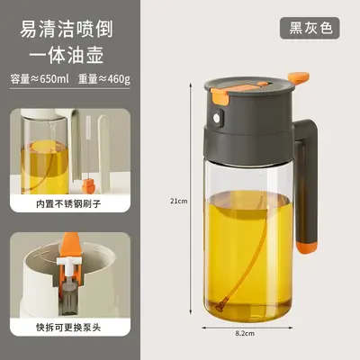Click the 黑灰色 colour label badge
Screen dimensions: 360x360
click(x=310, y=28)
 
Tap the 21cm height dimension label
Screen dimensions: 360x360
click(x=179, y=201)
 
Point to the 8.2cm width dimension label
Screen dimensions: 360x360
click(x=245, y=333)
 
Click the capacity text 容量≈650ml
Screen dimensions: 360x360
click(x=40, y=79)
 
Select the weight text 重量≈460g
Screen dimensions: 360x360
click(x=104, y=79)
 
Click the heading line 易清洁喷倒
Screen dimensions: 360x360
click(x=67, y=30)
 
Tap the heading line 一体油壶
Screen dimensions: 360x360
click(x=67, y=55)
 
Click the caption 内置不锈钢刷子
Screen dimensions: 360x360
click(x=68, y=204)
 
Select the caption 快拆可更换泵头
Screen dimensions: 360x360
click(x=68, y=327)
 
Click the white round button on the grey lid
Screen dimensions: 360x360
click(x=217, y=118)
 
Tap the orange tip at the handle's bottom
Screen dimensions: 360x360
click(x=306, y=247)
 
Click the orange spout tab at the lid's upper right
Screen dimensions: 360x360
click(x=299, y=77)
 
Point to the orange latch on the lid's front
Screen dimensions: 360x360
click(x=220, y=95)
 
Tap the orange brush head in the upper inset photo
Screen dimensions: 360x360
click(x=88, y=186)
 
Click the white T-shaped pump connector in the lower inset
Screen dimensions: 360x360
click(x=69, y=264)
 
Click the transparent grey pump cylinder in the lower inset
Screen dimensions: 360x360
click(x=69, y=300)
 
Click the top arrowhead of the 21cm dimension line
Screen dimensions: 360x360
click(x=190, y=85)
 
